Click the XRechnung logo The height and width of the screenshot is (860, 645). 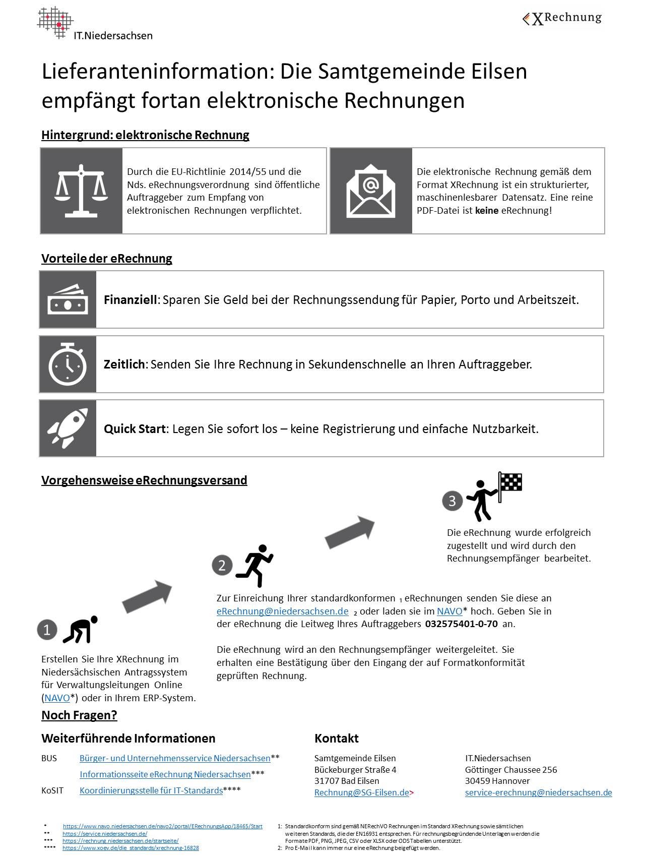tap(562, 19)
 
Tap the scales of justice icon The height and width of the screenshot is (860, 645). tap(81, 191)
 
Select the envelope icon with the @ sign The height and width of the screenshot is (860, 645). tap(370, 191)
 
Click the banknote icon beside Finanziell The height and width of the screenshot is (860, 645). tap(68, 299)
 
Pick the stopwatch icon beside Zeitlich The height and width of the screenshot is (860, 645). tap(68, 364)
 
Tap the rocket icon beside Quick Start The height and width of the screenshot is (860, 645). tap(68, 428)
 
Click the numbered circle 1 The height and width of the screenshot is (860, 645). tap(47, 630)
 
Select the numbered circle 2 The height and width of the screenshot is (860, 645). tap(222, 565)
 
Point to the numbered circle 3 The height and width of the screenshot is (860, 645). tap(452, 501)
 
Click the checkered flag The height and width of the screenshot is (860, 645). tap(510, 482)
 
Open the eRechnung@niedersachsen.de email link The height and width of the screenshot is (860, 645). tap(282, 611)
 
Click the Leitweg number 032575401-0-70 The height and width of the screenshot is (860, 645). tap(461, 624)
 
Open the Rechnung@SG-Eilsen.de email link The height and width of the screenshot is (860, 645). tap(361, 792)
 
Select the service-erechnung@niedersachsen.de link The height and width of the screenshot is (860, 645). tap(538, 792)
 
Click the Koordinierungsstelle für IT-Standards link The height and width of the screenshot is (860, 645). tap(151, 790)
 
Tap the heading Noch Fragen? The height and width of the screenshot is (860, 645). tap(79, 715)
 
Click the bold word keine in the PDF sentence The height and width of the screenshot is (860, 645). tap(486, 211)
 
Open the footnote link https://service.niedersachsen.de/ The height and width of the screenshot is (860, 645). tap(104, 834)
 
